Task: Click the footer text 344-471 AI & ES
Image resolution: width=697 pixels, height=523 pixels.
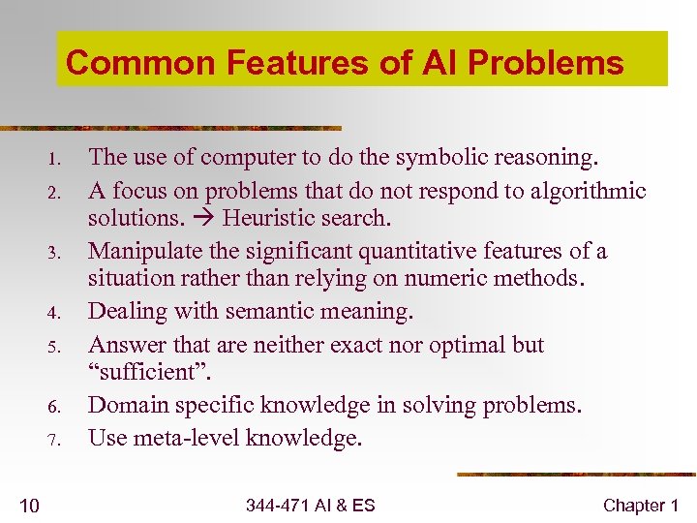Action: pos(310,505)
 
